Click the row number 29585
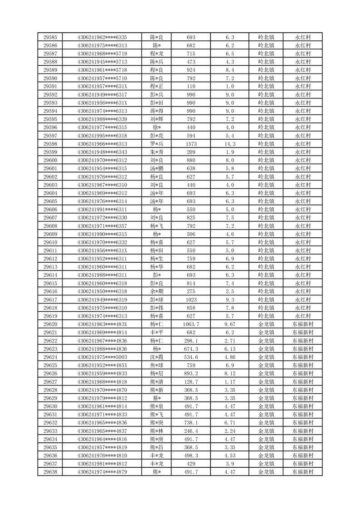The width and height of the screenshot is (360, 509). (50, 37)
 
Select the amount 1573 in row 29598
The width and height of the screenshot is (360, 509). (191, 144)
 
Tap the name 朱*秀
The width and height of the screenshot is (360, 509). (157, 152)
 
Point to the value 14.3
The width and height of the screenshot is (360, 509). (229, 144)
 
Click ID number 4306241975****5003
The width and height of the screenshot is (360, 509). (102, 357)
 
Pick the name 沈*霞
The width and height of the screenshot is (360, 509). (157, 357)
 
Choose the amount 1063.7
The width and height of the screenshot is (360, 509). (191, 324)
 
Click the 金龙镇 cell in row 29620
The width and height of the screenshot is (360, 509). (266, 324)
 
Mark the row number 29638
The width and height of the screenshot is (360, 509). (50, 472)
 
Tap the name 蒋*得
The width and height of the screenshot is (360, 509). (157, 111)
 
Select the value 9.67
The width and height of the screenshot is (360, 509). (229, 324)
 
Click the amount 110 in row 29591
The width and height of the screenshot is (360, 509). (191, 86)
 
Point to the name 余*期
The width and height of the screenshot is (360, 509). (157, 291)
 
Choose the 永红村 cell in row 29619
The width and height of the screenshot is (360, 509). (302, 316)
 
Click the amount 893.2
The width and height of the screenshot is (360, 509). (191, 373)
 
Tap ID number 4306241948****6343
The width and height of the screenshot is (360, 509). (102, 152)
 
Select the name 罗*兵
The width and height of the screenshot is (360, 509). (157, 144)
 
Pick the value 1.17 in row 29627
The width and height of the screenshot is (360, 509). (229, 382)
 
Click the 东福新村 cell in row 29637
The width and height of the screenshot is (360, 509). (302, 464)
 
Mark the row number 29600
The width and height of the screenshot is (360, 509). (50, 160)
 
